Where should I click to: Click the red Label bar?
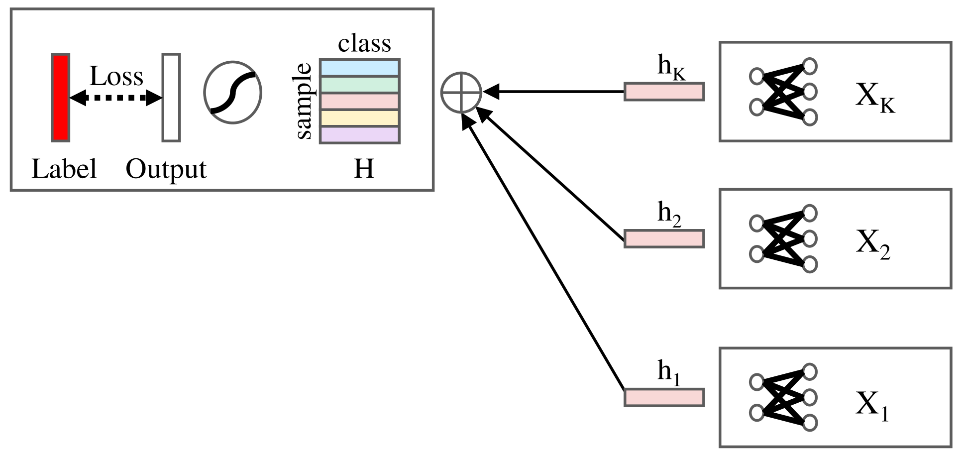[x=60, y=98]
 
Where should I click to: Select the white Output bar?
[x=171, y=98]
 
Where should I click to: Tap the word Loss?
[x=116, y=76]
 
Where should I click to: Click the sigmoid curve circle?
[x=232, y=93]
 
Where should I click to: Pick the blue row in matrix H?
[x=359, y=68]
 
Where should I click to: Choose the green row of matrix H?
[x=359, y=84]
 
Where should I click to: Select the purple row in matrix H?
[x=359, y=135]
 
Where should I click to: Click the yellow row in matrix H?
[x=359, y=118]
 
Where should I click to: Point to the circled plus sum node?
[x=461, y=92]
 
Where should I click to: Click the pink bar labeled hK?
[x=664, y=92]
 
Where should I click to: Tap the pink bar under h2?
[x=664, y=238]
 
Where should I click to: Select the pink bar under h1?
[x=664, y=397]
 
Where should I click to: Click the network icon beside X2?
[x=783, y=239]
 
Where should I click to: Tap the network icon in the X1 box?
[x=783, y=397]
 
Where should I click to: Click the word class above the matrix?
[x=364, y=44]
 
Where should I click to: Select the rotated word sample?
[x=303, y=101]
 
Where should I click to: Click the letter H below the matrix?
[x=364, y=169]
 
